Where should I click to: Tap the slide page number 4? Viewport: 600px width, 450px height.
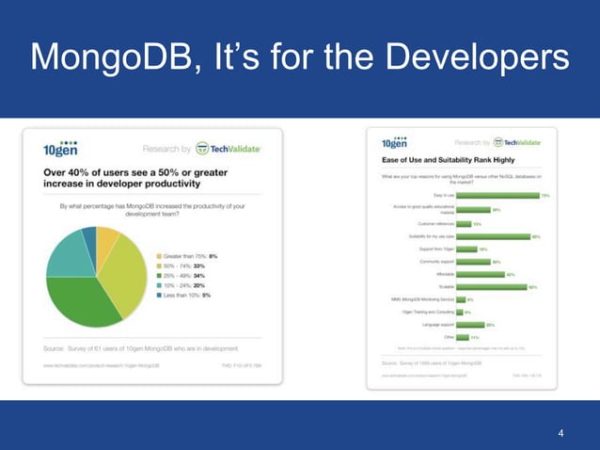tap(561, 433)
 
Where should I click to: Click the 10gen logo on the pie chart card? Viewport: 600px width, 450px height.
tap(60, 149)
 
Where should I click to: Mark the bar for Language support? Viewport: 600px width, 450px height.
tap(471, 324)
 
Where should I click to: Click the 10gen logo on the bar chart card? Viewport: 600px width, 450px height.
tap(394, 143)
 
